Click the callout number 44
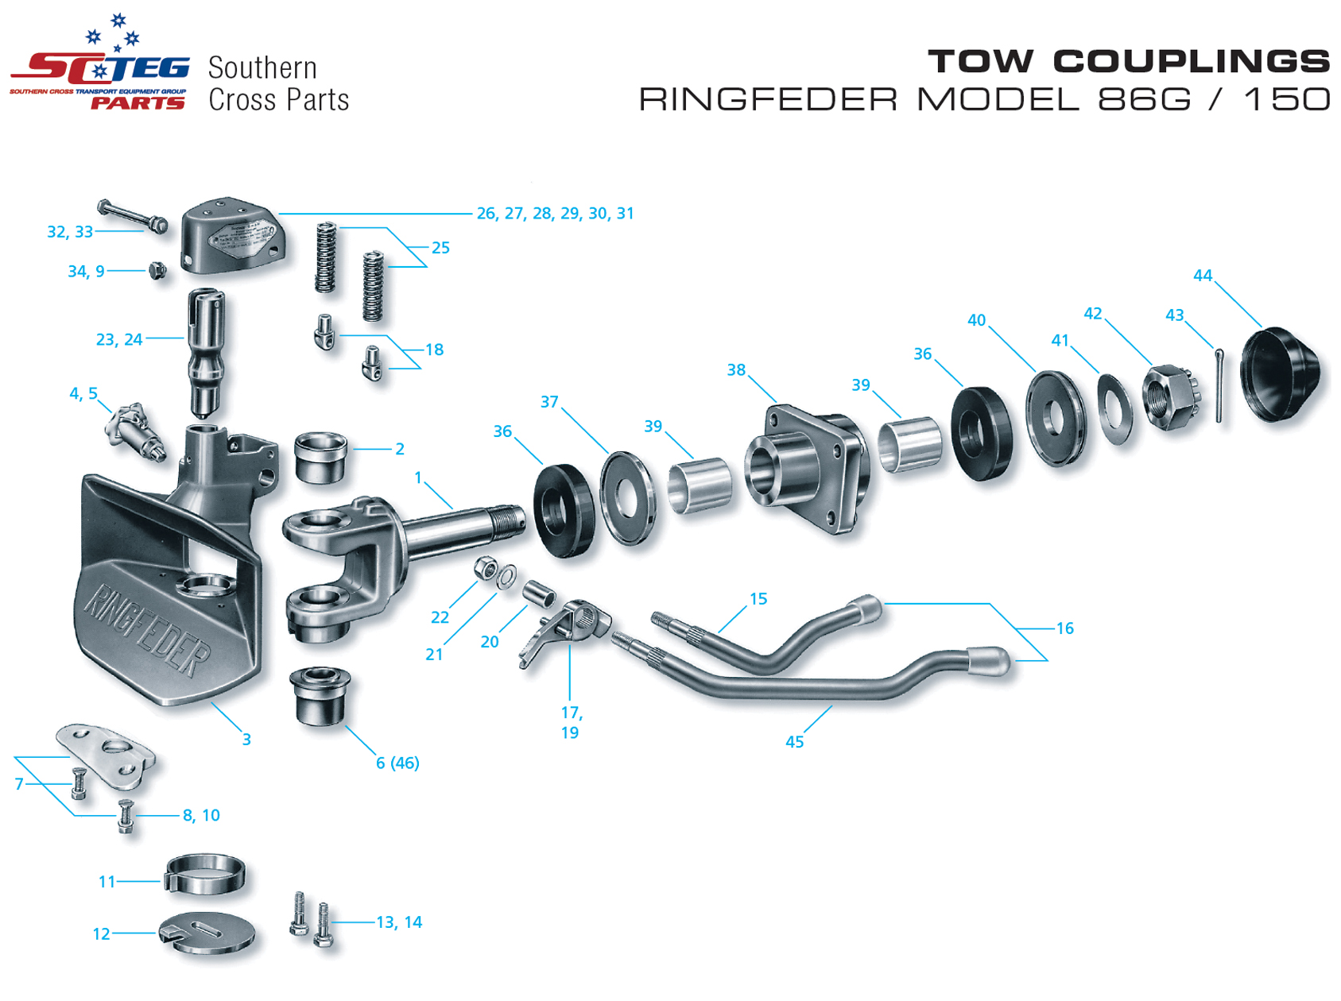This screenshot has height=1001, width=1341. pos(1202,276)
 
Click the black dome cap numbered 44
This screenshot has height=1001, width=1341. pos(1280,374)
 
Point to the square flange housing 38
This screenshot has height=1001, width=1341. pos(807,468)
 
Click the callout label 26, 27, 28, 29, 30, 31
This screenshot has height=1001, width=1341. pos(555,214)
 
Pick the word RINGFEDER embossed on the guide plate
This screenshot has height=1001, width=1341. pos(147,630)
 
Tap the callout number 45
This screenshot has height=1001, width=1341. pos(794,742)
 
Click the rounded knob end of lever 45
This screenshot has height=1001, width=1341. pos(988,661)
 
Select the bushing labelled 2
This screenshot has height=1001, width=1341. pos(320,458)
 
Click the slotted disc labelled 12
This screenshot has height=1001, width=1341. pos(207,933)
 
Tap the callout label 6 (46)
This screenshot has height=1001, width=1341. pos(397,763)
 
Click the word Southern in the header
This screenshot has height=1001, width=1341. pos(262,68)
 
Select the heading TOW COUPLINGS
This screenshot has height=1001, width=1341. pos(1128,61)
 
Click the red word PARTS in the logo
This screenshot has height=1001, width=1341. pos(138,103)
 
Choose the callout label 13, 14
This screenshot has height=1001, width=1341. pos(399,922)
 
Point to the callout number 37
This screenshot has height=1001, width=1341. pos(549,402)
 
